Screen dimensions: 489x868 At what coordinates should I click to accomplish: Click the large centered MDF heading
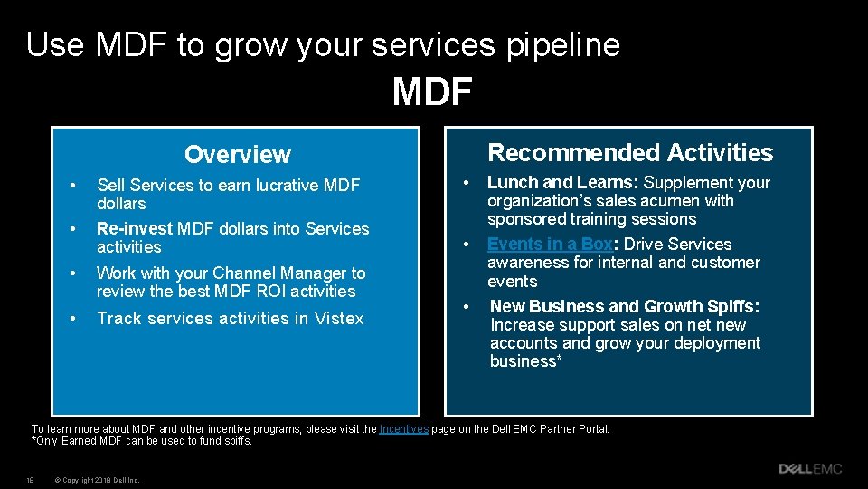tap(432, 91)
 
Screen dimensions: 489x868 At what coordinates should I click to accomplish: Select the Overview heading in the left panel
tap(237, 155)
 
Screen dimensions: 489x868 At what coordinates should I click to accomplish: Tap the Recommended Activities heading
tap(630, 153)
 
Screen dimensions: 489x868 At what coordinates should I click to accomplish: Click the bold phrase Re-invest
tap(135, 229)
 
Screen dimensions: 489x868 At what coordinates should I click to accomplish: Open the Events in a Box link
tap(550, 244)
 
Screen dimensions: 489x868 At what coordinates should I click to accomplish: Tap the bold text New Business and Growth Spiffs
tap(624, 307)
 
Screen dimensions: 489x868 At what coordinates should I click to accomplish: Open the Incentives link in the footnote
tap(403, 429)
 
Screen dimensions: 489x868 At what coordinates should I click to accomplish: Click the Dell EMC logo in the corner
tap(810, 469)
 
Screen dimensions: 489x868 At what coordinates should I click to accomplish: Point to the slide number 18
tap(31, 480)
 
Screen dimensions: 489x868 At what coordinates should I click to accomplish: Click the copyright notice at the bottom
tap(96, 480)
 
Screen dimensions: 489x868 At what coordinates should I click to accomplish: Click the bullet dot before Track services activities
tap(73, 319)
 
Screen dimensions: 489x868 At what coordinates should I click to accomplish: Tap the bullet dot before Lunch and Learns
tap(465, 183)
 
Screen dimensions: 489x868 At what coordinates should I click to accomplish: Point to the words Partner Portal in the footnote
tap(579, 429)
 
